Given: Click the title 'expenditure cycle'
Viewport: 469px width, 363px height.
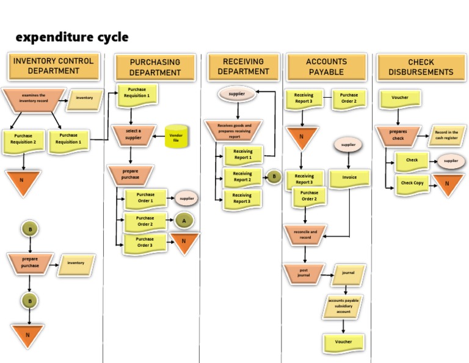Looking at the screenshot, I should point(72,37).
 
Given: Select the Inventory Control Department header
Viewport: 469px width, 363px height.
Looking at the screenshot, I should point(53,66).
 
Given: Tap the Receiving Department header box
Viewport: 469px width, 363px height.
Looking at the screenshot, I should point(243,67).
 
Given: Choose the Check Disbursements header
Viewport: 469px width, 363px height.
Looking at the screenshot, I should point(421,67).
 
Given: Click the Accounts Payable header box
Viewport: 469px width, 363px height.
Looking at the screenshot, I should point(326,67).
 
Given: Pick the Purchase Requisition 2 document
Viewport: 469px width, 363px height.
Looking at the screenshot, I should point(23,139).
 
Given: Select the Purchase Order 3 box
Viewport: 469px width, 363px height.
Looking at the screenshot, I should point(145,243).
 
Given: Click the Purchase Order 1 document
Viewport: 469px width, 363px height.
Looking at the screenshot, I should point(145,198).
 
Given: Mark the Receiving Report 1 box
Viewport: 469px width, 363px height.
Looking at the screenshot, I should point(242,155).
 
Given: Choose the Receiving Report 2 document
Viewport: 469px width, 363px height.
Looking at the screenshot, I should point(242,177).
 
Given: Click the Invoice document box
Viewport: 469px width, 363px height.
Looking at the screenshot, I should point(349,177).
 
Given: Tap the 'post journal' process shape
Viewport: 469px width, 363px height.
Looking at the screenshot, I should point(304,273).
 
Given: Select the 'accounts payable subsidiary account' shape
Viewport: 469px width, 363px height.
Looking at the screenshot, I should point(343,306).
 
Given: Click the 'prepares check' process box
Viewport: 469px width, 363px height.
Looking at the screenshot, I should point(398,135).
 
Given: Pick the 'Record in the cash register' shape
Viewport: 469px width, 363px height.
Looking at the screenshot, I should point(446,135).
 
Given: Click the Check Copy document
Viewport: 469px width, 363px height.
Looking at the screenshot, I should point(412,183).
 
